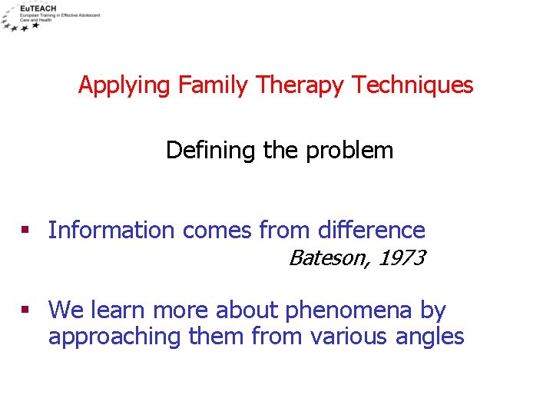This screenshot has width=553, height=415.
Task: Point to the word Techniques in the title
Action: pos(412,85)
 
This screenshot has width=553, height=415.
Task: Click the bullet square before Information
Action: pos(25,230)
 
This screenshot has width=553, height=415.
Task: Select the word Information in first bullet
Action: pos(111,230)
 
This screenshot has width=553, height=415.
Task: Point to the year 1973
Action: pos(399,258)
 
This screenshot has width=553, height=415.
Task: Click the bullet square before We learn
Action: pos(25,310)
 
